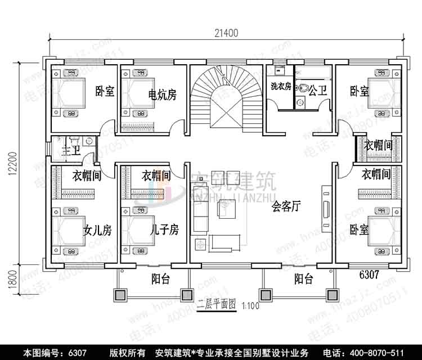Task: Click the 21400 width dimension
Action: click(x=226, y=33)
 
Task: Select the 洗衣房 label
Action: click(x=280, y=87)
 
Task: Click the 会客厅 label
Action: click(x=287, y=206)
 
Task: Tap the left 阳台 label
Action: click(x=161, y=279)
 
